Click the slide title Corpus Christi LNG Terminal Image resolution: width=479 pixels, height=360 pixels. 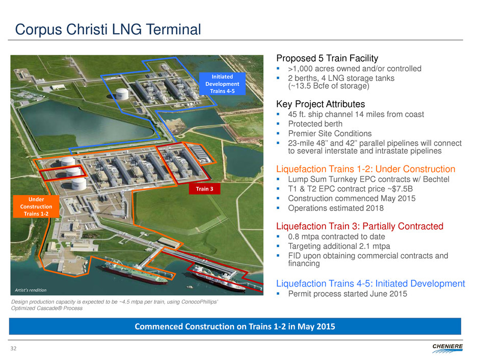(108, 30)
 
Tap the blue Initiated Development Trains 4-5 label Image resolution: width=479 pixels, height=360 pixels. (222, 84)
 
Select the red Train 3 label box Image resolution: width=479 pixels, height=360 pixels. (204, 189)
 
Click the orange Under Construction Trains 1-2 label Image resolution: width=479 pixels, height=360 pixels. (36, 207)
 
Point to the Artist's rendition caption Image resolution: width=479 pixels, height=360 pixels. (31, 290)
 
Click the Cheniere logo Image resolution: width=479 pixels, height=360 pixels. (447, 348)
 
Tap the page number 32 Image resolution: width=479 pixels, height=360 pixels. (13, 348)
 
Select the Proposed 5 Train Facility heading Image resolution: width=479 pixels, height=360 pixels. (327, 58)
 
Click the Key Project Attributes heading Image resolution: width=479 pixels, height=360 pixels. (321, 104)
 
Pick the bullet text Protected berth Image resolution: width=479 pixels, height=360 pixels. (315, 124)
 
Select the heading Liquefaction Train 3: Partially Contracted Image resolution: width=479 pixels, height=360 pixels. (360, 226)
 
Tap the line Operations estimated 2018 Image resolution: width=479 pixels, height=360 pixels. (336, 208)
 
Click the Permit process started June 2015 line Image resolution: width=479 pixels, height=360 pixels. (348, 294)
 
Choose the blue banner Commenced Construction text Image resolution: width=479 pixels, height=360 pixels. (235, 327)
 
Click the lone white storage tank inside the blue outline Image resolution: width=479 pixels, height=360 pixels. (122, 93)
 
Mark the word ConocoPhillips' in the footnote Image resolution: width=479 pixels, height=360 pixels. (199, 302)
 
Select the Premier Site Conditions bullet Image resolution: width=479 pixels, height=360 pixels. (330, 133)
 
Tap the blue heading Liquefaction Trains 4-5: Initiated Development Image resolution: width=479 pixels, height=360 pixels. (370, 283)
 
